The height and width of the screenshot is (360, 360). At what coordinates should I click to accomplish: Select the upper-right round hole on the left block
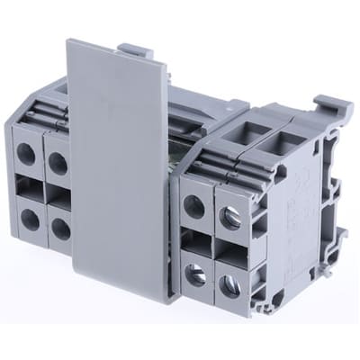57,162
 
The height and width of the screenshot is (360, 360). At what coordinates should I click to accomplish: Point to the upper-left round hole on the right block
194,206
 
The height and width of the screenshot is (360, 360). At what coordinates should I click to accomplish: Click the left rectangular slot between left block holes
27,188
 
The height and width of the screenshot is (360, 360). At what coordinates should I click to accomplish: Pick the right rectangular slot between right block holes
228,252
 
